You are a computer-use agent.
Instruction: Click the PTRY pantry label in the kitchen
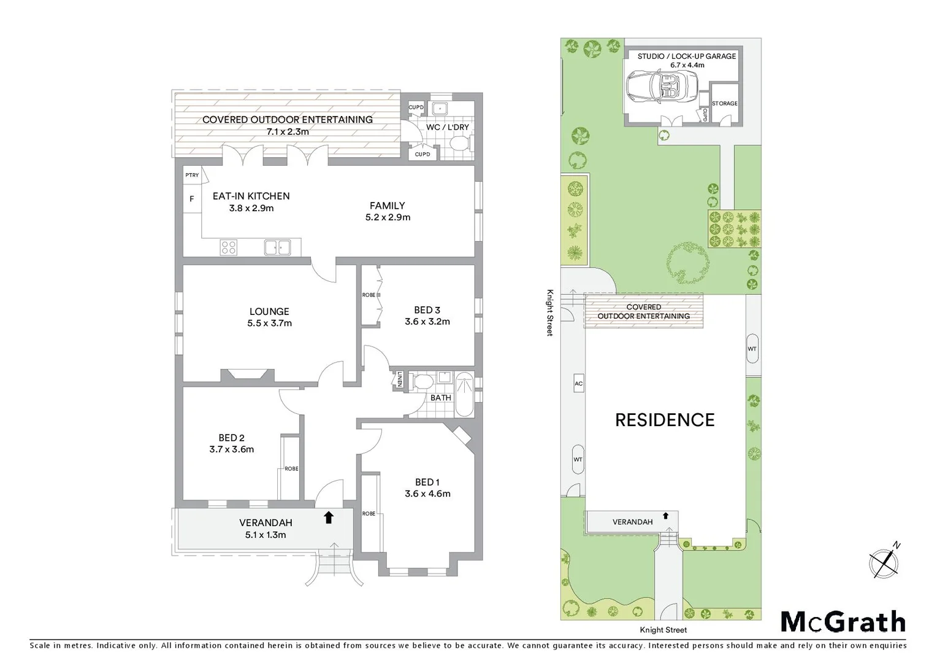(x=192, y=176)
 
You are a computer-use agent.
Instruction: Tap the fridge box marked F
(x=192, y=199)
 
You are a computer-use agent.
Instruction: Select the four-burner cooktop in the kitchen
(x=229, y=247)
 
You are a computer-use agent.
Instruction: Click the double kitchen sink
(x=277, y=247)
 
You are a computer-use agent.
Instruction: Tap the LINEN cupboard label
(x=400, y=379)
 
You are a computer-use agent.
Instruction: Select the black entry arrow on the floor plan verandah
(x=329, y=518)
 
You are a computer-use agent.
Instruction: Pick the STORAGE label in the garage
(x=725, y=103)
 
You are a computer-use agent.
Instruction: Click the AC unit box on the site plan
(x=578, y=384)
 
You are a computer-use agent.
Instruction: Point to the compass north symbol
(x=885, y=562)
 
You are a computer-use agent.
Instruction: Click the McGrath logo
(x=843, y=621)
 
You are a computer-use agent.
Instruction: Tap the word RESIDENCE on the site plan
(x=665, y=420)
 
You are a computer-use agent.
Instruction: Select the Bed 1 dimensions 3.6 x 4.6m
(x=427, y=494)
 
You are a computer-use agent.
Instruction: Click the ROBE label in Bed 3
(x=369, y=295)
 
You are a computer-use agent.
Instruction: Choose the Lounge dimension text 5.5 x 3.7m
(x=269, y=323)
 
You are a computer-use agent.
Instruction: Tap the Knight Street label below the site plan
(x=663, y=630)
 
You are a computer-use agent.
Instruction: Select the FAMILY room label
(x=387, y=206)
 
